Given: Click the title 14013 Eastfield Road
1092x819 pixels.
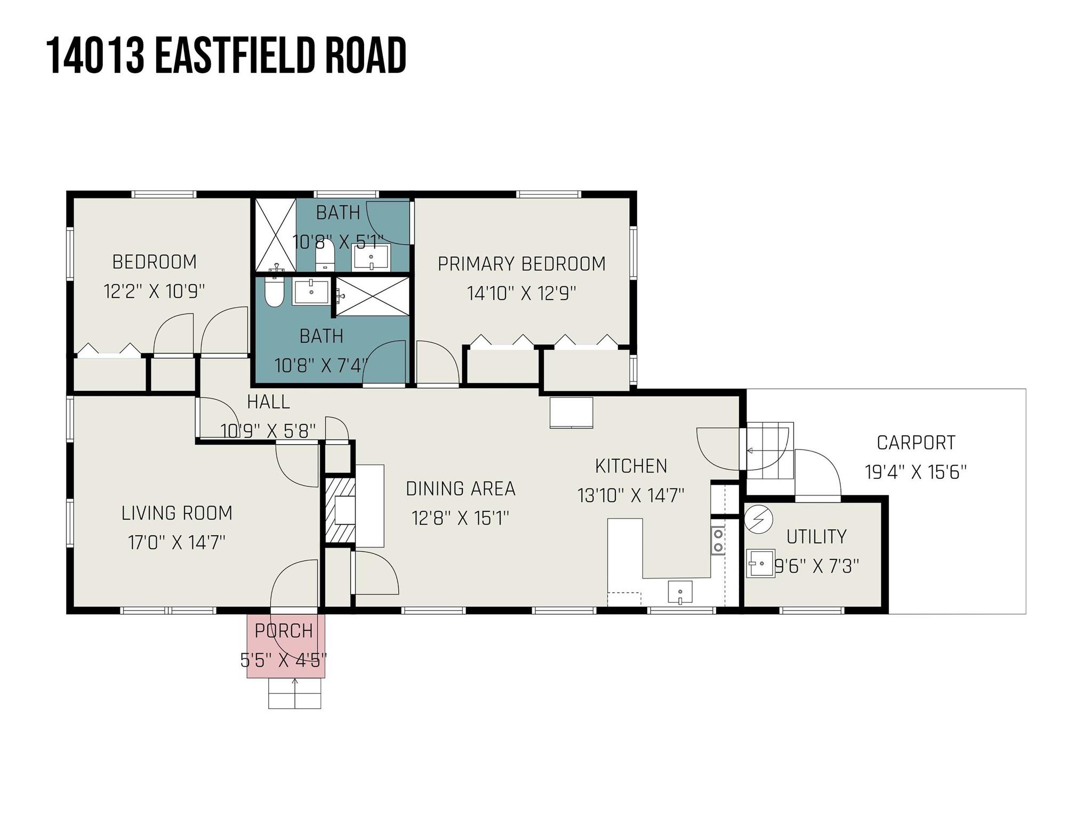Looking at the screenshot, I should pyautogui.click(x=226, y=55).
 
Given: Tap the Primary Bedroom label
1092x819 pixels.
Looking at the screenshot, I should pyautogui.click(x=521, y=264).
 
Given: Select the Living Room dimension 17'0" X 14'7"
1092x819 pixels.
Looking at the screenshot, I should pyautogui.click(x=176, y=543).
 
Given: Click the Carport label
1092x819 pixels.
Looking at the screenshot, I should pyautogui.click(x=916, y=443).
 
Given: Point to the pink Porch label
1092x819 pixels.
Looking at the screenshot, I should pyautogui.click(x=284, y=631).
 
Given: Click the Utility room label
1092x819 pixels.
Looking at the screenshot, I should pyautogui.click(x=816, y=536).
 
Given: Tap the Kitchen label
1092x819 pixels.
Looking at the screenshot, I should pyautogui.click(x=631, y=466).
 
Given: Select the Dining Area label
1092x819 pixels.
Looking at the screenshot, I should pyautogui.click(x=461, y=488).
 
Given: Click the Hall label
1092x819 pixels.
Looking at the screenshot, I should pyautogui.click(x=268, y=402).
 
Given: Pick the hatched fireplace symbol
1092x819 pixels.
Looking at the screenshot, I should pyautogui.click(x=339, y=510).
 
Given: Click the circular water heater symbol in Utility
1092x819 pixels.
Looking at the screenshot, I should pyautogui.click(x=758, y=519).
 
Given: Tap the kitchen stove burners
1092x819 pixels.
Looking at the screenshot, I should pyautogui.click(x=718, y=540).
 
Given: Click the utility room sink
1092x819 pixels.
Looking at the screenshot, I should pyautogui.click(x=760, y=563).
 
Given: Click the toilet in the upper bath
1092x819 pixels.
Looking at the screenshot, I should pyautogui.click(x=324, y=255).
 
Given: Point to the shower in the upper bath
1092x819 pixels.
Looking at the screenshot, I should pyautogui.click(x=275, y=235).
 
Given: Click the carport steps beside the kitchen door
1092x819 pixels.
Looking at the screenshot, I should pyautogui.click(x=768, y=451).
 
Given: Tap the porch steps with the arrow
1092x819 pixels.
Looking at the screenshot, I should pyautogui.click(x=295, y=693).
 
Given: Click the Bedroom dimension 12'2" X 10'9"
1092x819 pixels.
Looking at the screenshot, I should pyautogui.click(x=154, y=292).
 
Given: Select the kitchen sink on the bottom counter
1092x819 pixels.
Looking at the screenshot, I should pyautogui.click(x=680, y=592).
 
